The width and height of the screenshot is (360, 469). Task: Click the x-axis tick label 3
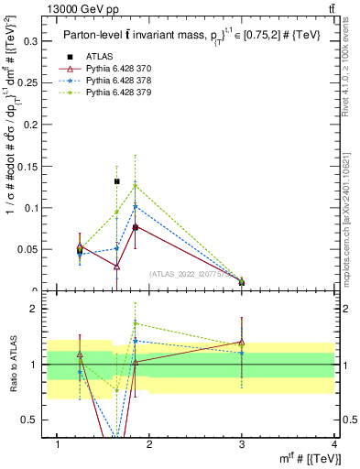click(242, 444)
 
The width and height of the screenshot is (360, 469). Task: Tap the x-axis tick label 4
click(335, 444)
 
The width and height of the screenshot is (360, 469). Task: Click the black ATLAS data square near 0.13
click(117, 181)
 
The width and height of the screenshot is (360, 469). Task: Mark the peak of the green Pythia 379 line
click(136, 185)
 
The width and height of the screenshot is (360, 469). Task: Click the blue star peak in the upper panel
click(136, 206)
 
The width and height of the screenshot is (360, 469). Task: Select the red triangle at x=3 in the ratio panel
click(242, 343)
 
